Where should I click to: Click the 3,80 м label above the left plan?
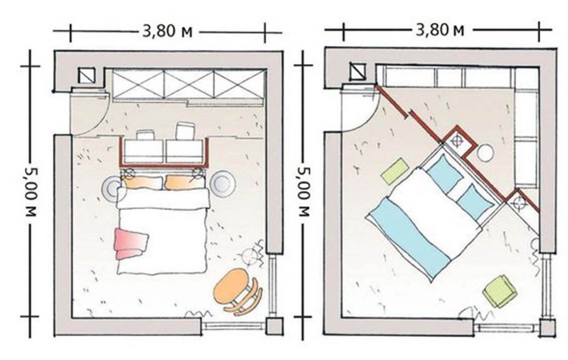click(167, 32)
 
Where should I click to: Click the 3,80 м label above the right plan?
click(440, 30)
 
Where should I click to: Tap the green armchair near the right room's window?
click(500, 291)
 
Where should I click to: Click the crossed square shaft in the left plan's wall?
click(87, 75)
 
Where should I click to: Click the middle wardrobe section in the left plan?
click(189, 84)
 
